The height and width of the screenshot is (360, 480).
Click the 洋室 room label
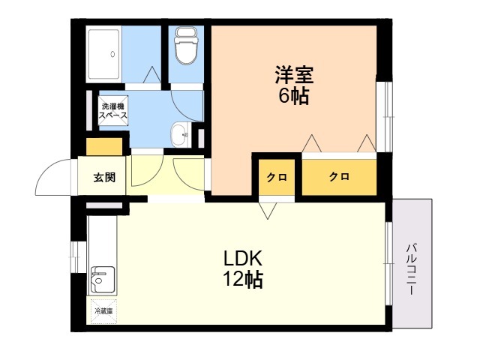coord(294,75)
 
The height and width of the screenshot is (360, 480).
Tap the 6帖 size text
coord(293,96)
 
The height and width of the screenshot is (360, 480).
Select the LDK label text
coord(243,258)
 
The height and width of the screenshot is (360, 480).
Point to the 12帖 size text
coord(243,279)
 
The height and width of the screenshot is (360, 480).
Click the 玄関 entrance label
coord(104,177)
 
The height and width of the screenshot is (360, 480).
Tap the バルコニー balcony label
coord(412,268)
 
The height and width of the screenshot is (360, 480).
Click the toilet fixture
coord(186,46)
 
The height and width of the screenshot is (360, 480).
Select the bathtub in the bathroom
coord(103,55)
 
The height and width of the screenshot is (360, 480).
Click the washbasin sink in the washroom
coord(181,134)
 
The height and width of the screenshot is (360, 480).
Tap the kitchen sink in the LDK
coord(103,280)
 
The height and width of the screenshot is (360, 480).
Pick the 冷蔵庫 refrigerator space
coord(103,311)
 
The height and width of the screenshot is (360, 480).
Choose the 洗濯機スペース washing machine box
coord(113,110)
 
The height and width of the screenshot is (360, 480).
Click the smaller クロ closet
coord(277,177)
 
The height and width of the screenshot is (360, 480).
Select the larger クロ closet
coord(339,177)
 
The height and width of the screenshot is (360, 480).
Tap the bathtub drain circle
coord(112,54)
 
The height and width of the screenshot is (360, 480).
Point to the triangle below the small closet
coord(268,211)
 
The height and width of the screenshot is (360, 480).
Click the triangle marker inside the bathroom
coord(151,74)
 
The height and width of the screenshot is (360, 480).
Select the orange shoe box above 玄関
coord(104,147)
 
